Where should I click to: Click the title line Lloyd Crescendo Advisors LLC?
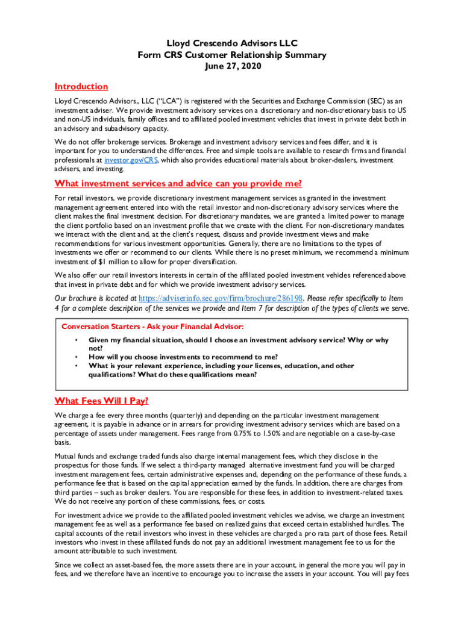(x=232, y=43)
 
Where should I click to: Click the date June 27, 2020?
(x=232, y=66)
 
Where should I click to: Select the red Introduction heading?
(x=81, y=87)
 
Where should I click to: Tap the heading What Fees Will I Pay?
(x=101, y=401)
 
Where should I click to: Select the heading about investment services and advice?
(x=178, y=184)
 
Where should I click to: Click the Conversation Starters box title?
(x=152, y=327)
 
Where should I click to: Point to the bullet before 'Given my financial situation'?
(x=76, y=340)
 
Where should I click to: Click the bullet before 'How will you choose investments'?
(x=76, y=357)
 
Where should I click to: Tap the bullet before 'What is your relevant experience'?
(x=76, y=366)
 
